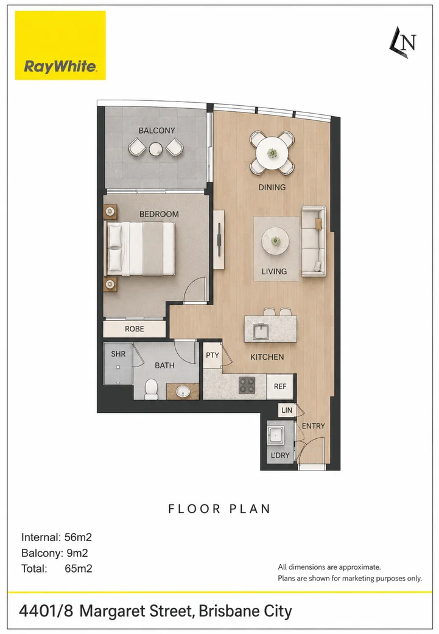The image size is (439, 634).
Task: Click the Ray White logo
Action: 60,45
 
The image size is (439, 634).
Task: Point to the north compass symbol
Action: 403,43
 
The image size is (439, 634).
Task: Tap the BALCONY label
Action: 156,130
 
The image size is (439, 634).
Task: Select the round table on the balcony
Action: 156,149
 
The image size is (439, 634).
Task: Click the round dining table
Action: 272,153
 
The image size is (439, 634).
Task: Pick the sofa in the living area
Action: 314,241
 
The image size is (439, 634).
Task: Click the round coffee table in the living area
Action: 275,241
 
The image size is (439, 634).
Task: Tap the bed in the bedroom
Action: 140,249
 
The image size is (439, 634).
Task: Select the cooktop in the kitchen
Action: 247,385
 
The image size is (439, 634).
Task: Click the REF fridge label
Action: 280,387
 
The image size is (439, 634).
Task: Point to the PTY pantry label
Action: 212,356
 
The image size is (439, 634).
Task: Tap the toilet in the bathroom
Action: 152,388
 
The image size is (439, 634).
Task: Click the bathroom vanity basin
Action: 183,391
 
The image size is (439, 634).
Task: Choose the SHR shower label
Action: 118,354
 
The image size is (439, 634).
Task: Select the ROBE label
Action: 135,329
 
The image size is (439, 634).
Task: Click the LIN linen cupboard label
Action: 287,410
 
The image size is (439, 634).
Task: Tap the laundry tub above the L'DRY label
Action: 276,435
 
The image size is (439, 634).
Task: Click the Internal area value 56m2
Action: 78,537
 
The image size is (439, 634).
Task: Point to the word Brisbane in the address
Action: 229,611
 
